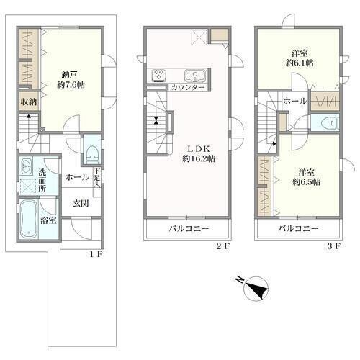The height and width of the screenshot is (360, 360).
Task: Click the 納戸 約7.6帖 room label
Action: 71,80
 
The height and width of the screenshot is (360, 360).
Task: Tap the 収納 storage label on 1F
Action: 29,102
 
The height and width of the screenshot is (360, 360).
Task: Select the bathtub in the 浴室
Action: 29,219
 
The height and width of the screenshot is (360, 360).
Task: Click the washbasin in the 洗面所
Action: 26,166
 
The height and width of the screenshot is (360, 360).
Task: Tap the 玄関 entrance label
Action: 81,204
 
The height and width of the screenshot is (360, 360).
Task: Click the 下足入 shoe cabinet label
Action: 97,178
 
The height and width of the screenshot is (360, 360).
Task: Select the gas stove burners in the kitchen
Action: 158,75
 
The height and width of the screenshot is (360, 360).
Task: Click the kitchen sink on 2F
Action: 195,76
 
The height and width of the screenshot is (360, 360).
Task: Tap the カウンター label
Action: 188,87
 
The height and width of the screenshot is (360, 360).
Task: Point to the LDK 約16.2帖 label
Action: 199,154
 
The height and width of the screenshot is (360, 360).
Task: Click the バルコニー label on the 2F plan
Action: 189,228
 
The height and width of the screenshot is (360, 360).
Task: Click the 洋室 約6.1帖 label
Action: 300,58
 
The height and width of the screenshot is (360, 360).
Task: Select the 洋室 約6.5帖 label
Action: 306,177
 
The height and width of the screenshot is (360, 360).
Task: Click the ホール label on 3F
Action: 294,101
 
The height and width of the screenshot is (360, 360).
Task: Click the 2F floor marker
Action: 223,246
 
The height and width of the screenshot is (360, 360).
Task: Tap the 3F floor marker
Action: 333,246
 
